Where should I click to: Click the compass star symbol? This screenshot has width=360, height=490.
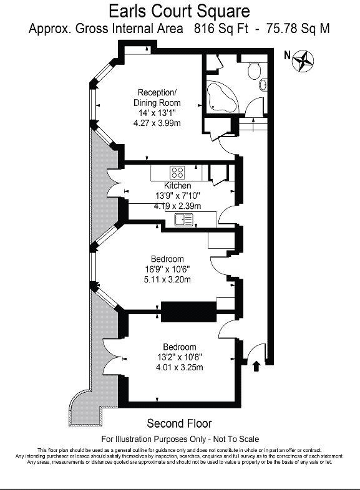point(303,60)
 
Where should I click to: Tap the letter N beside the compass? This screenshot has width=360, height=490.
point(287,55)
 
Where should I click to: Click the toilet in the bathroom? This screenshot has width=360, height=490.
point(254,71)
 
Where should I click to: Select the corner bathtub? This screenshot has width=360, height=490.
point(221,97)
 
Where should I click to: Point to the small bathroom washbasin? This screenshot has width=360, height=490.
point(263,84)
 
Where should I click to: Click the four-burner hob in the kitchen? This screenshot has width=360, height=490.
point(177,173)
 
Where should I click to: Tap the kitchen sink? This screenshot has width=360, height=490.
point(184,219)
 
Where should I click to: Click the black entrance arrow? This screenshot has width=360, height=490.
point(256,366)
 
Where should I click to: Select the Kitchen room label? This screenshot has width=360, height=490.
point(177,185)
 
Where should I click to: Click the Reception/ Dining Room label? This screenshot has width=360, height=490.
point(157,97)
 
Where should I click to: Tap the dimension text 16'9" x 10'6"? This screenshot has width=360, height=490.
point(167,269)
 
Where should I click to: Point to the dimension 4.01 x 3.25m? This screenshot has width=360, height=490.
point(180,367)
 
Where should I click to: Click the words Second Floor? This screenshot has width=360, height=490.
point(179,423)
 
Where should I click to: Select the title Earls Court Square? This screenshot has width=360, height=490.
point(179,12)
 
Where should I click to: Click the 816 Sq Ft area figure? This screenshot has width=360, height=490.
point(221,29)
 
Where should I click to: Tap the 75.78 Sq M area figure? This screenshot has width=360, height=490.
point(298,29)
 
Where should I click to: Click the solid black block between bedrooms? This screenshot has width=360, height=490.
point(188,312)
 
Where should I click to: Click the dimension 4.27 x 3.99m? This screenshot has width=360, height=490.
point(157,123)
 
